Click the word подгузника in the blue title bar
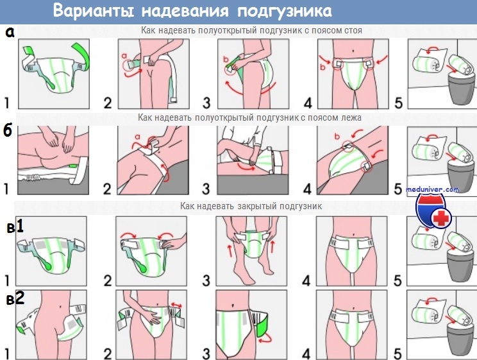coord(285,12)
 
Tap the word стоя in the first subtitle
coord(353,30)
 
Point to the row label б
coord(8,131)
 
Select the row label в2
coord(15,299)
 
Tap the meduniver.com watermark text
coord(433,189)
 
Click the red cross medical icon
coord(441,218)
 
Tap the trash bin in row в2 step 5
coord(461,339)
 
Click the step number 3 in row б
coord(206,189)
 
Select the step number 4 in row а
coord(308,103)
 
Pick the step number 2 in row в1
coord(108,281)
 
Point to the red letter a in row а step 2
coord(124,56)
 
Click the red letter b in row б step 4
coord(337,136)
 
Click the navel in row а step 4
coord(353,51)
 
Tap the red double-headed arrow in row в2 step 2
coord(176,305)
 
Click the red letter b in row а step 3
coord(226,60)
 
